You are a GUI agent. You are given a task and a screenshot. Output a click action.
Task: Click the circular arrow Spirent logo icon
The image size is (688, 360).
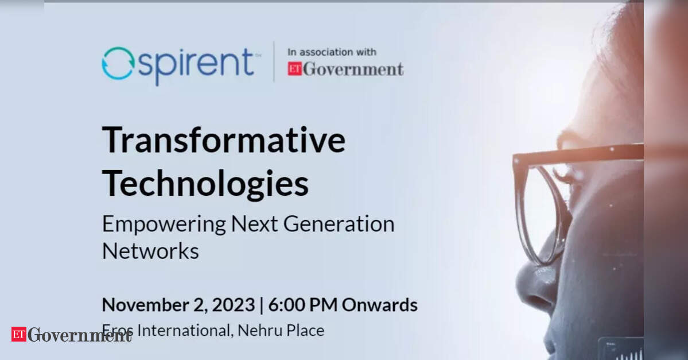point(118,64)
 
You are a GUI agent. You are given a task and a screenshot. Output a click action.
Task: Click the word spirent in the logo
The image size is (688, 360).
point(196,65)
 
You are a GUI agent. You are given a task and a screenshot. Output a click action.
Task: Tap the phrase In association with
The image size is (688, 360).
point(332,52)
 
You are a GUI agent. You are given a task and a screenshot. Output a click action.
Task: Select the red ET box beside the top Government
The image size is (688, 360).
point(294,69)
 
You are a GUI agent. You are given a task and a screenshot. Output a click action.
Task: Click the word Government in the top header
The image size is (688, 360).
point(353,69)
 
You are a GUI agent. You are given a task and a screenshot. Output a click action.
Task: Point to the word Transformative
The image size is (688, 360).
point(224,140)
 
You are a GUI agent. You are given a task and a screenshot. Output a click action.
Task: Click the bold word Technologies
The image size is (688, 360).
point(205,184)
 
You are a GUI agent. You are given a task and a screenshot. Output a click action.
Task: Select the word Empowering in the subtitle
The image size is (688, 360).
point(164,224)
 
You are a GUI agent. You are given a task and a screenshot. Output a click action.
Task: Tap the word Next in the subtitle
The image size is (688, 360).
point(255,224)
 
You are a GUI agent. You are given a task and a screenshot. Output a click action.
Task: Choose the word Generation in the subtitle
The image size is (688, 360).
point(339,224)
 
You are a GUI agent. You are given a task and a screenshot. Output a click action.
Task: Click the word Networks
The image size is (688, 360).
point(150,251)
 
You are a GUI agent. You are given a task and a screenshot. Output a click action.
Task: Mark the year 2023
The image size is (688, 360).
point(234,305)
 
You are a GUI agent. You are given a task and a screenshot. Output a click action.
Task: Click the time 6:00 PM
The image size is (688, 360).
point(303,305)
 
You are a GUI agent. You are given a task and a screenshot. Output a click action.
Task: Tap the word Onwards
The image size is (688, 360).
point(379,305)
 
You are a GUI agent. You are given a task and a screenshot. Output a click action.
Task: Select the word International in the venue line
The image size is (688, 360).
point(184,330)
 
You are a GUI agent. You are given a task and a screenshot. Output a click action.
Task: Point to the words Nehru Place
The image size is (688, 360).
point(281,330)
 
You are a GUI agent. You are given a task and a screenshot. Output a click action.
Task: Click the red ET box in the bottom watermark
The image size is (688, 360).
point(19,334)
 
